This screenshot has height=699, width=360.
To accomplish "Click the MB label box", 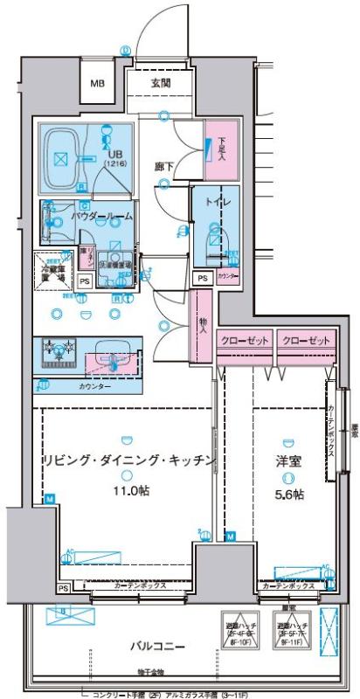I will click(x=98, y=84).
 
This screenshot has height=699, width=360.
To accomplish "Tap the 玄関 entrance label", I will click(x=160, y=83).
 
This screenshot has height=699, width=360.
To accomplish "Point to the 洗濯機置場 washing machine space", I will click(x=114, y=266).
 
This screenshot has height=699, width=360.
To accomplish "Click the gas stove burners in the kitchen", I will click(x=59, y=351).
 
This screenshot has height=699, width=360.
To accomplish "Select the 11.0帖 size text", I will click(x=128, y=491).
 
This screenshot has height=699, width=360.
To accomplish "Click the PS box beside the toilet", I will click(x=202, y=278).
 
